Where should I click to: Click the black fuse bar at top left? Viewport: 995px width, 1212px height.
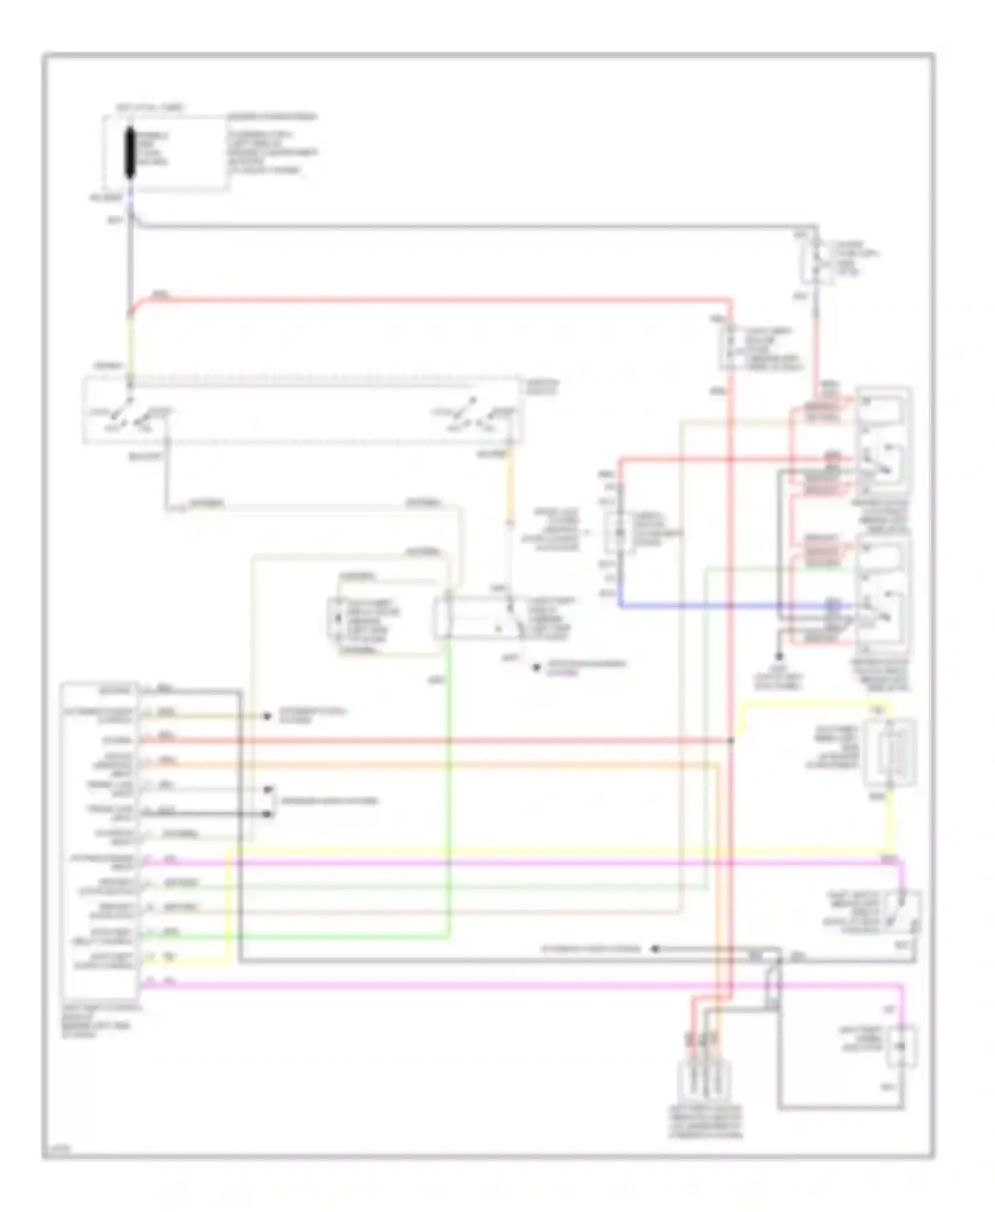131,153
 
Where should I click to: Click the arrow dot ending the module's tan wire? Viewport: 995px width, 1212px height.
267,716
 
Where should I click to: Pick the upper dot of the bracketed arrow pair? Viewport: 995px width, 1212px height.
268,790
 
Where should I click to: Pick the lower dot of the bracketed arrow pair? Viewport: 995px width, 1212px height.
268,814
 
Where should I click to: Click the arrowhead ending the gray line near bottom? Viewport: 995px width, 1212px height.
654,949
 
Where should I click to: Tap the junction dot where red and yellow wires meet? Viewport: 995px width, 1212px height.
732,740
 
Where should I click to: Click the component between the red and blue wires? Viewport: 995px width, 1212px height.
620,532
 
